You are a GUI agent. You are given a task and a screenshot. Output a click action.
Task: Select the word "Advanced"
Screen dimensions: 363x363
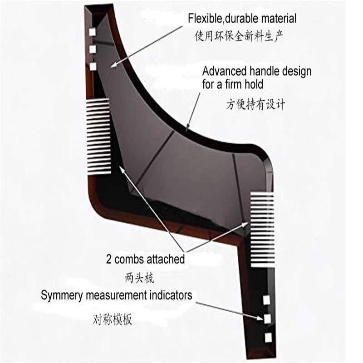pyautogui.click(x=224, y=72)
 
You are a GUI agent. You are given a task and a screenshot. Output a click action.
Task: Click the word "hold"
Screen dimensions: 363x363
pyautogui.click(x=254, y=84)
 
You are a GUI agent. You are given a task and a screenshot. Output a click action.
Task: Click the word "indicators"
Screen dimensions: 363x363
pyautogui.click(x=171, y=295)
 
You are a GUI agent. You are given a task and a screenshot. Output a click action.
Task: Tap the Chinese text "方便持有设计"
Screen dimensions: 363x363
pyautogui.click(x=255, y=105)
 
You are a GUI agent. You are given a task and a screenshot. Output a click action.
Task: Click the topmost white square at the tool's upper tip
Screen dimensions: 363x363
pyautogui.click(x=92, y=31)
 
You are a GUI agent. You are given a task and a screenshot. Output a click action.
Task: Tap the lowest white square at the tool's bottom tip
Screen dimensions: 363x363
pyautogui.click(x=268, y=338)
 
